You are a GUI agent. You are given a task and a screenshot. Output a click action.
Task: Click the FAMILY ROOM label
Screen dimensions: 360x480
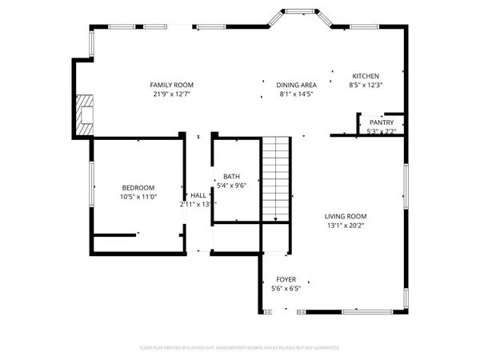pos(172,85)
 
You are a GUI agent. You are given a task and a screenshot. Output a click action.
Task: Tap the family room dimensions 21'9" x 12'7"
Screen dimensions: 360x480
pos(172,94)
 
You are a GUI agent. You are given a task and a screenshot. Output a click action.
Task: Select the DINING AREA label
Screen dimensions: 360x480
pos(297,85)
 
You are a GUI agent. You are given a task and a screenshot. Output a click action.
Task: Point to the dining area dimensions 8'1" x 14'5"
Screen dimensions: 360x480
pos(297,94)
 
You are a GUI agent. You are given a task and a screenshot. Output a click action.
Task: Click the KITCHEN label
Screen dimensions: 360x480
pos(366,75)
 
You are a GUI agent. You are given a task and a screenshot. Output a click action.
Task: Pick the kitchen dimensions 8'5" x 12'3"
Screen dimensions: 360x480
pos(366,84)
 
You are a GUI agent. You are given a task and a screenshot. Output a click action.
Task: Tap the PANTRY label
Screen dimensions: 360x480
pos(382,122)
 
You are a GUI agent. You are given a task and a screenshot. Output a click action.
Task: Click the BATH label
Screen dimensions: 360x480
pos(231,177)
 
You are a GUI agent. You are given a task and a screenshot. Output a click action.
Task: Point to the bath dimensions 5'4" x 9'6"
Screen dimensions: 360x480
pos(231,186)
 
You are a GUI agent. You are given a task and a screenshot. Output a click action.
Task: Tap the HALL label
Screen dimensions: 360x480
pos(198,195)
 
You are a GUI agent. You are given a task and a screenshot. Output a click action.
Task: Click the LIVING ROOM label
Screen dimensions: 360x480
pos(346,216)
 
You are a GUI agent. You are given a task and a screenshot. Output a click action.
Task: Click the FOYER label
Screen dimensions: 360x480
pos(286,279)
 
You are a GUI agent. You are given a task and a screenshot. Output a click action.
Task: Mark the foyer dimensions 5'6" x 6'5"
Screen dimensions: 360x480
pos(286,288)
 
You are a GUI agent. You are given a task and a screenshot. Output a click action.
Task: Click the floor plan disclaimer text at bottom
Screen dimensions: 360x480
pos(240,348)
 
